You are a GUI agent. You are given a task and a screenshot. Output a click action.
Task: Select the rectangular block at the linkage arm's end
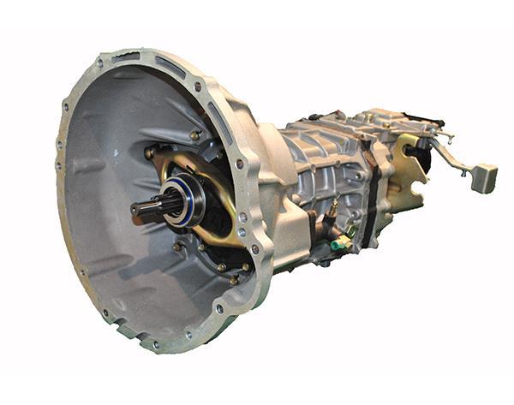pyautogui.click(x=484, y=177)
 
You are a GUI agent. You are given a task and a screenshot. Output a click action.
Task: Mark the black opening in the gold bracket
pyautogui.click(x=412, y=154)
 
